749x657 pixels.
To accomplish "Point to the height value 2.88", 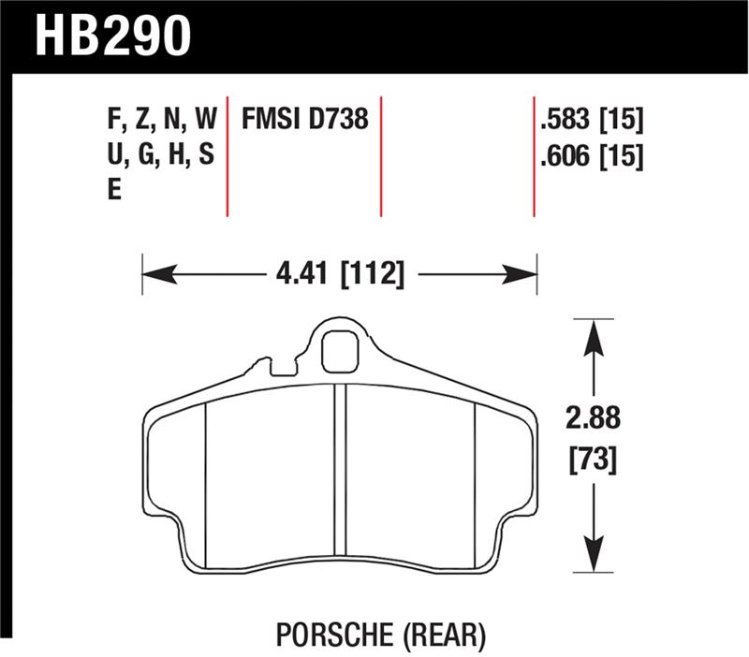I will click(594, 417).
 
